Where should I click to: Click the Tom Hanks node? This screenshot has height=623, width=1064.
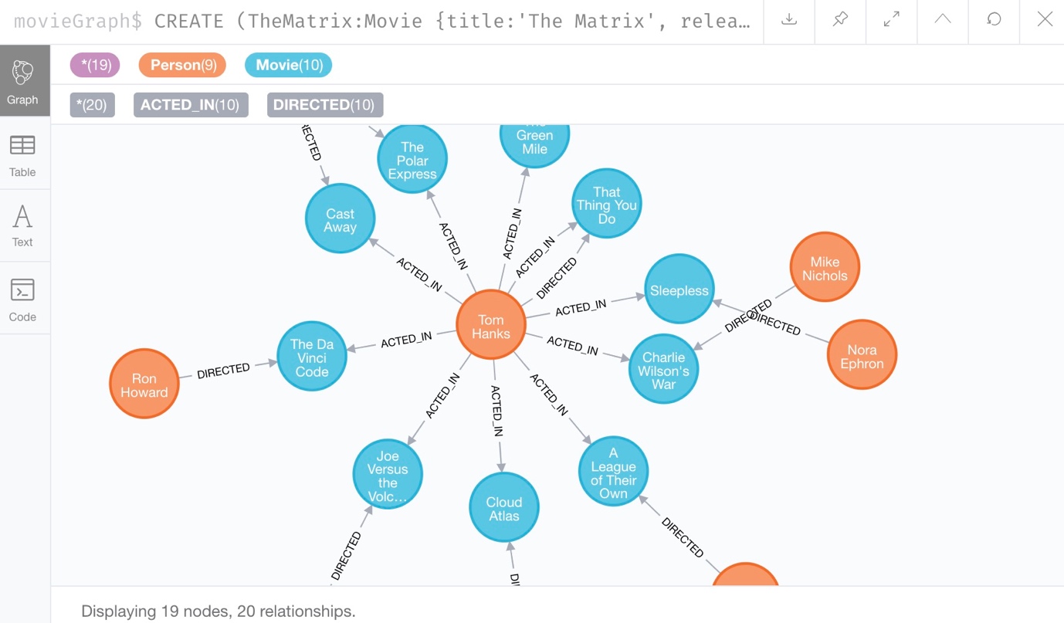491,326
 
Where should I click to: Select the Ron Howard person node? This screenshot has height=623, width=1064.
144,384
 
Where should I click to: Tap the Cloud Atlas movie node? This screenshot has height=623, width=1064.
504,508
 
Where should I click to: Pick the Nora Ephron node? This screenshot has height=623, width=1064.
862,356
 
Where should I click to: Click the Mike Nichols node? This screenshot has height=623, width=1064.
825,268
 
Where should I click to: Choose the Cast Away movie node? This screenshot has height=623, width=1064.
340,219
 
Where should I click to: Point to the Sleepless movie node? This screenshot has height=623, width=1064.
679,290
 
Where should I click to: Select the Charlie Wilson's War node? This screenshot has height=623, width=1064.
663,370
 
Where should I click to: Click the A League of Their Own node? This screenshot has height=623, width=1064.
613,472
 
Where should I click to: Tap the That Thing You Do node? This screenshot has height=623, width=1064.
607,205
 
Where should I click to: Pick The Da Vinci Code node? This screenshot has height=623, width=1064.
312,357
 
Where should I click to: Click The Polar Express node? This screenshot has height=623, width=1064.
412,160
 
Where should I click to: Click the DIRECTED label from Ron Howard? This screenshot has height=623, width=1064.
223,371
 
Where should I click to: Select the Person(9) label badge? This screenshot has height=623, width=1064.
182,65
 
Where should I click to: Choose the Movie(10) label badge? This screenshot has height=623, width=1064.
289,65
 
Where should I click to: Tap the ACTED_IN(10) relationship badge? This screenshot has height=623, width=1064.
190,105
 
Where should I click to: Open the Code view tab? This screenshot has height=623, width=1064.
22,300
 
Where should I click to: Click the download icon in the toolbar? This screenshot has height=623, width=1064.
789,20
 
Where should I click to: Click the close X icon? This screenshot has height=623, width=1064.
1045,20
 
